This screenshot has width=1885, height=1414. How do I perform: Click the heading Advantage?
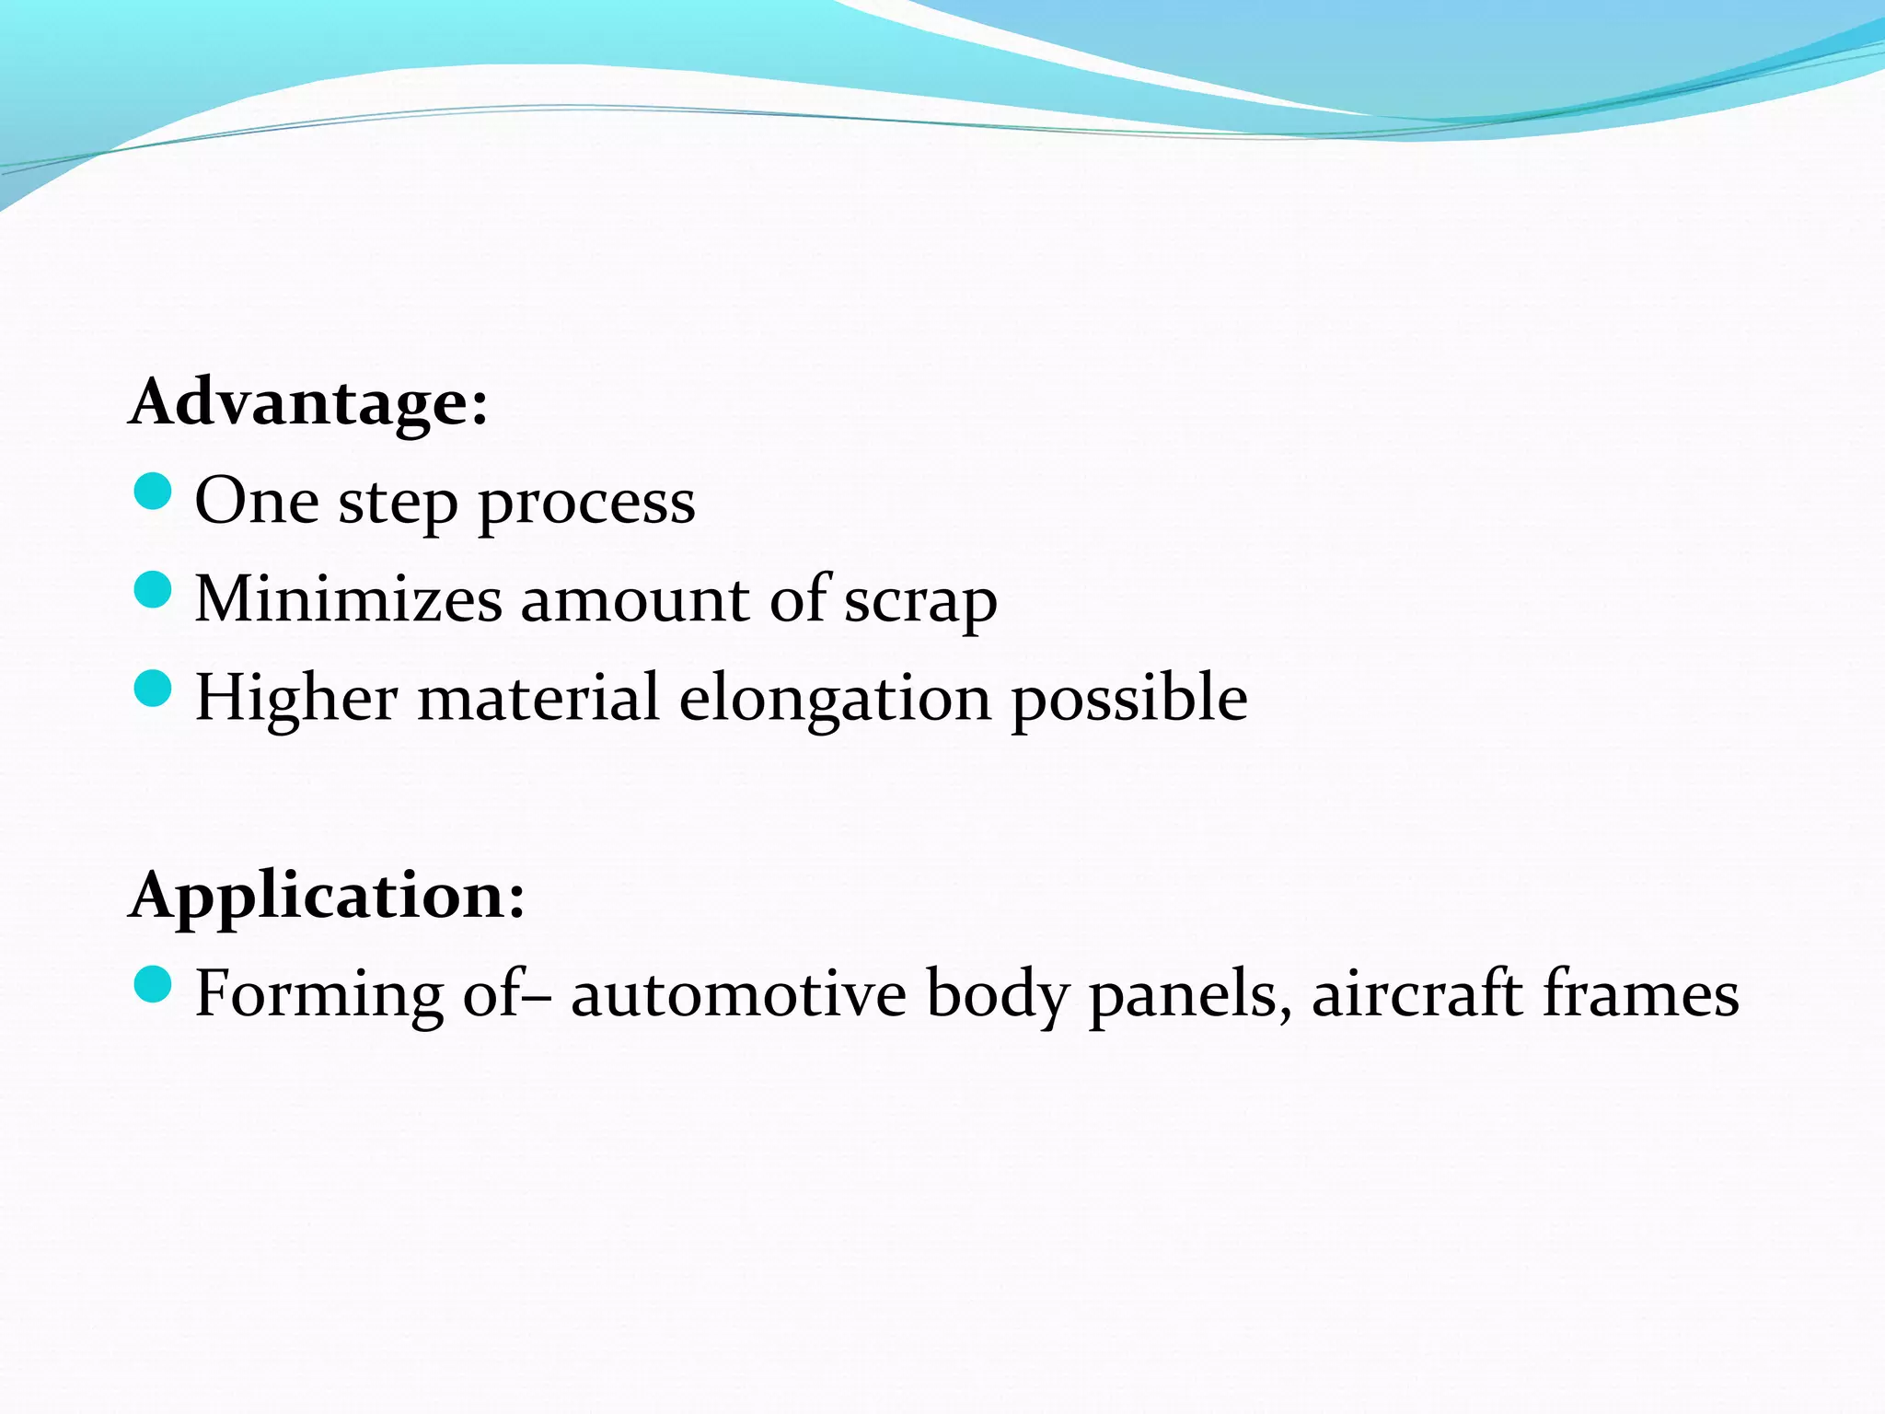click(309, 402)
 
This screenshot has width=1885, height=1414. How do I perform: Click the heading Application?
click(328, 895)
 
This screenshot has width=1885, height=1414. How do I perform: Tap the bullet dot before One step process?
click(153, 492)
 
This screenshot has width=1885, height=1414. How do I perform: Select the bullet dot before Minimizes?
click(153, 590)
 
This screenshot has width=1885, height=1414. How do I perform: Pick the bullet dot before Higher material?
click(153, 689)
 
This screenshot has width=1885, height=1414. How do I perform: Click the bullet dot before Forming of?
click(153, 985)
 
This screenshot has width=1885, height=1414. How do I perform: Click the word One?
click(257, 502)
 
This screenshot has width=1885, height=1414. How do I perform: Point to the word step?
click(398, 505)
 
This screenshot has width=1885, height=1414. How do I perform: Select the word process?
click(587, 505)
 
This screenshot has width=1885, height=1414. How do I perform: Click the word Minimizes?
click(349, 600)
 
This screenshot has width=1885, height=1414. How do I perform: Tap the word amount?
click(635, 600)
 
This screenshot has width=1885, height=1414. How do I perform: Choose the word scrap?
click(920, 604)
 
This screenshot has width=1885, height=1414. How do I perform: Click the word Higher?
click(296, 700)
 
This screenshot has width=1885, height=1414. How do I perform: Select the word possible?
click(1129, 700)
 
